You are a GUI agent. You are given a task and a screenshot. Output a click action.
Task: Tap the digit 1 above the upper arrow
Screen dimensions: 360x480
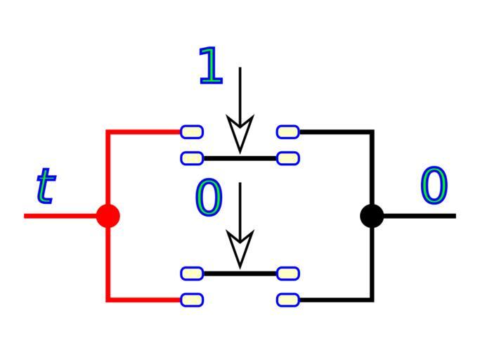210,66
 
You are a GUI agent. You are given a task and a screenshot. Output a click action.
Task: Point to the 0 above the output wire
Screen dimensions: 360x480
434,187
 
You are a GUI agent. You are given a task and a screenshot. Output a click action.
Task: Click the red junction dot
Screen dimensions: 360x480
108,215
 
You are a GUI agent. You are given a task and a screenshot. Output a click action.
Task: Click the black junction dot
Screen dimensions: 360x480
372,215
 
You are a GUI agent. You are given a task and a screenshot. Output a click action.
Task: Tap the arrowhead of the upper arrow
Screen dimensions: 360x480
240,134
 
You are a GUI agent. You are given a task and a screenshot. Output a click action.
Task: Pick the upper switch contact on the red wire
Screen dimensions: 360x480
192,131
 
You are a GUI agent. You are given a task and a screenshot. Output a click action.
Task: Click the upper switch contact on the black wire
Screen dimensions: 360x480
288,131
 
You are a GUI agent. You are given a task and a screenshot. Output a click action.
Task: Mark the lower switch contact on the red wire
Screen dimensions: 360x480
192,300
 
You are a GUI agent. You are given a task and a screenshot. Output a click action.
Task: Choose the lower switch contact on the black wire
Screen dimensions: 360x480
288,300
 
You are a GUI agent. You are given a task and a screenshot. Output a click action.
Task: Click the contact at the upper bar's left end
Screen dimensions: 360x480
192,158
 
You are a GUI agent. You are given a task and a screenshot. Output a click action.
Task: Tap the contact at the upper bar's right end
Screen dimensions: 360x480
288,158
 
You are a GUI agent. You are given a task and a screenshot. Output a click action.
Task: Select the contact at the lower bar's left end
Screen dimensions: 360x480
192,273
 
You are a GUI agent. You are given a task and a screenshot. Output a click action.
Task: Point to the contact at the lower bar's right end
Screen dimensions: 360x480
288,273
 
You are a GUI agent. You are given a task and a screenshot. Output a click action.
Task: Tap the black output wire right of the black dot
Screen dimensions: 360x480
422,215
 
